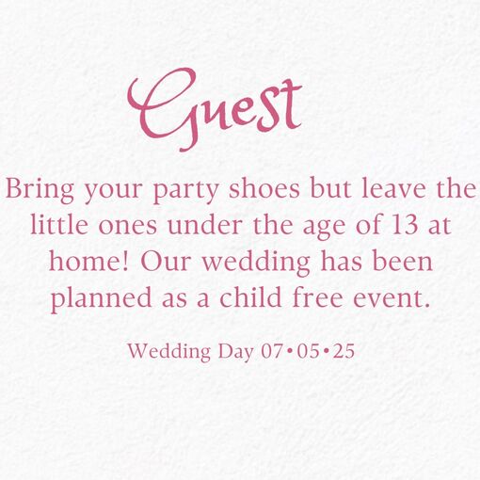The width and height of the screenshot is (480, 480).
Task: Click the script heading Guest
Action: (215, 109)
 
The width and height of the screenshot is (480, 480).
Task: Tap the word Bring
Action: (40, 190)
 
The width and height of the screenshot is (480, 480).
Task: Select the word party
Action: (186, 191)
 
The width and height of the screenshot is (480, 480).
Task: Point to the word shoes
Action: (264, 188)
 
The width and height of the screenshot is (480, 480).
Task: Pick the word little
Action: (59, 225)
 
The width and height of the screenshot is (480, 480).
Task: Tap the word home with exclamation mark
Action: (88, 261)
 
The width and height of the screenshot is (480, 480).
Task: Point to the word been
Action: (403, 261)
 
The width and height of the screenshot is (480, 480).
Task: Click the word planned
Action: (102, 299)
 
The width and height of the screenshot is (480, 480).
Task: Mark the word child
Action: (250, 297)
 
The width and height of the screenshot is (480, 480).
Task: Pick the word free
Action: (317, 297)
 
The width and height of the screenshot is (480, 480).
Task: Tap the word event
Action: (391, 298)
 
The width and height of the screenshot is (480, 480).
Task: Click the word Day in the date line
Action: (236, 352)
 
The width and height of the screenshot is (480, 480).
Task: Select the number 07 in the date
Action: (272, 351)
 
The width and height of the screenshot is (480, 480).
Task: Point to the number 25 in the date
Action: (344, 351)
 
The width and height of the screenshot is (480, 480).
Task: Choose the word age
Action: (324, 228)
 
